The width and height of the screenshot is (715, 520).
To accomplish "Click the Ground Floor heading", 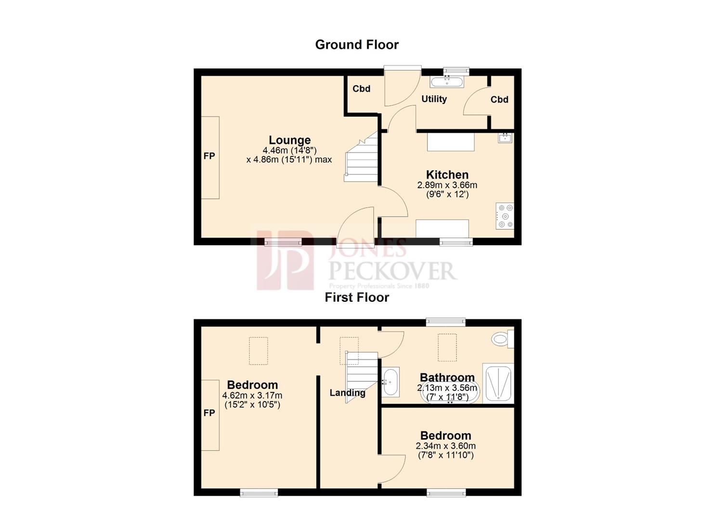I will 357,45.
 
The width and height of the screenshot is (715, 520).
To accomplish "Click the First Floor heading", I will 357,298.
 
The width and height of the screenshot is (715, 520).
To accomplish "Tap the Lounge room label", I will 289,140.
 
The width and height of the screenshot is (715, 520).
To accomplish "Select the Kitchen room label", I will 447,175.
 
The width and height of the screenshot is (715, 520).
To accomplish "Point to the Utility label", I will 434,99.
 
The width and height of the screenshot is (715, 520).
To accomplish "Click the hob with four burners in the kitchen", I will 505,216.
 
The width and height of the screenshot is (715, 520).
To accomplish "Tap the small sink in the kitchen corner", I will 505,138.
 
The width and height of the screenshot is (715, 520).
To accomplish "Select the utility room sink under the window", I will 447,81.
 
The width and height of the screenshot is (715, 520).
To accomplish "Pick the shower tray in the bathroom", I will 498,383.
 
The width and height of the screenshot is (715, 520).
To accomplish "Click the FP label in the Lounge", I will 209,156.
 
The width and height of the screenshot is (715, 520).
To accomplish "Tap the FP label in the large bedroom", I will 209,413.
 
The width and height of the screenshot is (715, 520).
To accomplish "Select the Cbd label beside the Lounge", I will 361,89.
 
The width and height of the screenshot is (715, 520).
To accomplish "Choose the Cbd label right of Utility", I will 499,100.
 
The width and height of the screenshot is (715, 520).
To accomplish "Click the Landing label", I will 347,393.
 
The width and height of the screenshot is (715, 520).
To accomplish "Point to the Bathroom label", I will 447,377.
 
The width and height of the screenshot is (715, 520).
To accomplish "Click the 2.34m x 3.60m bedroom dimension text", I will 446,446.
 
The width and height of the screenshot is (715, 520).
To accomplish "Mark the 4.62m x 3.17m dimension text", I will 252,396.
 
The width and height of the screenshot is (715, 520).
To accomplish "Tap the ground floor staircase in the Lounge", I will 362,159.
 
